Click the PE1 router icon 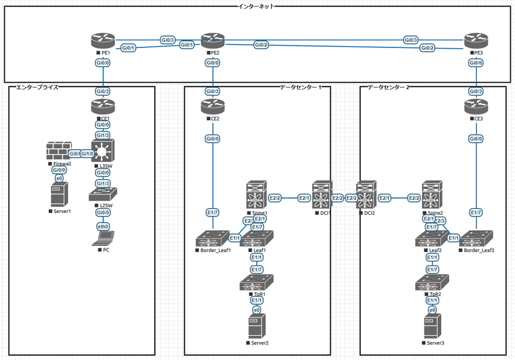coord(104,41)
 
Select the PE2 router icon coord(212,41)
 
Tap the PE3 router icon coord(476,41)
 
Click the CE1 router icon coord(104,107)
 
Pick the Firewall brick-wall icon coord(58,152)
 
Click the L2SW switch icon coord(104,195)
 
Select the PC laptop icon coord(104,239)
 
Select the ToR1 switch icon coord(257,283)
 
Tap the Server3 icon coord(432,326)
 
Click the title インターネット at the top coord(257,6)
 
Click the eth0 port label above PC coord(104,226)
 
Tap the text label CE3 coord(478,119)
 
